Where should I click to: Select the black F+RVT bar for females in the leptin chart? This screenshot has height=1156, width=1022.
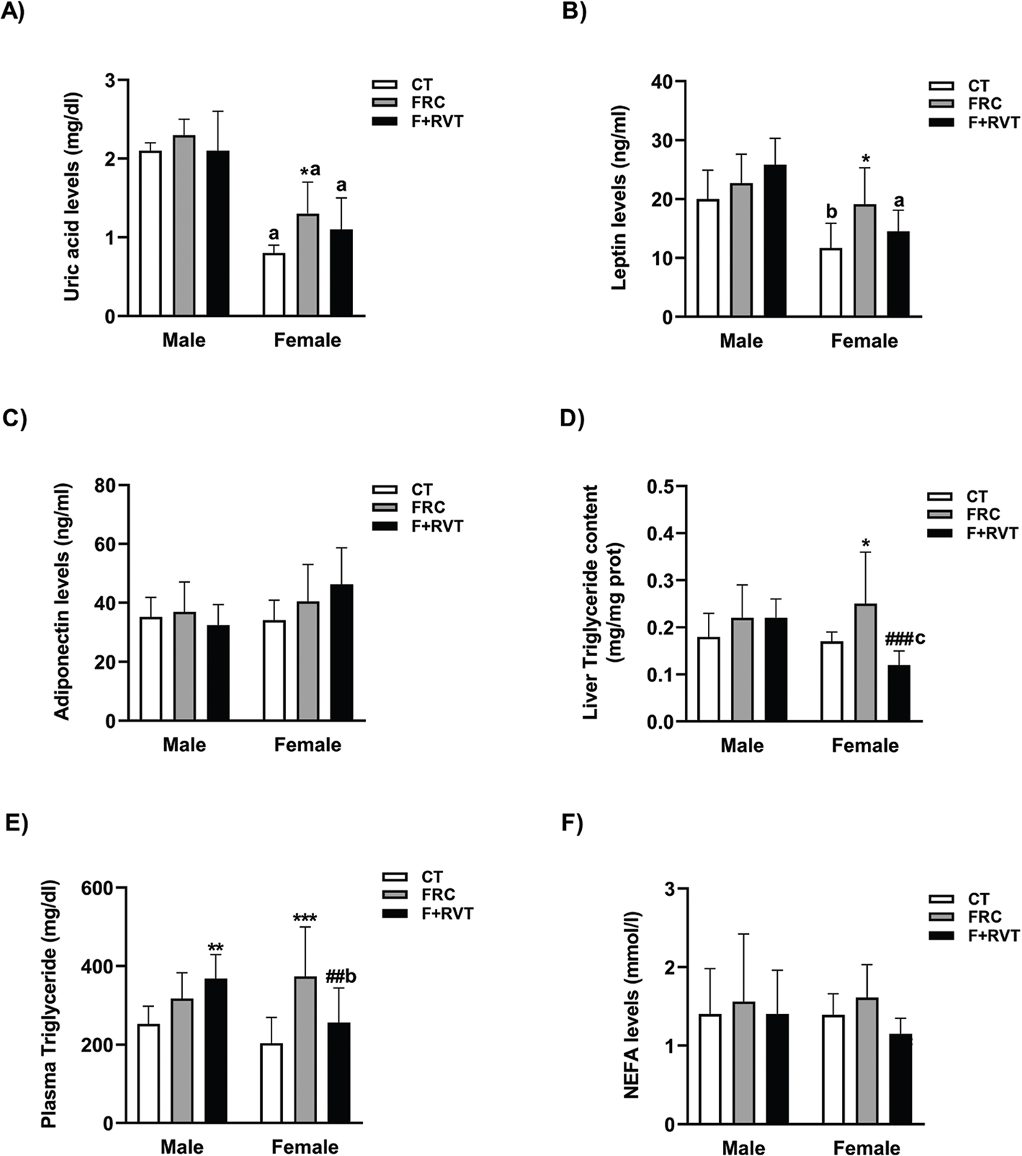pos(898,274)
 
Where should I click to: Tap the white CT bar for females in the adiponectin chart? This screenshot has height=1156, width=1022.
pos(274,671)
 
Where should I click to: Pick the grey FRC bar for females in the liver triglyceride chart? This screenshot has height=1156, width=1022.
pos(865,663)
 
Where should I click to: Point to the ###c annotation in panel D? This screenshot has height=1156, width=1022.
pos(905,638)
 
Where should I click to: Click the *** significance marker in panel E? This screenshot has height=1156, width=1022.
pos(305,918)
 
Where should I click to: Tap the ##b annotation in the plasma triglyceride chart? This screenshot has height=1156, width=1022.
pos(341,977)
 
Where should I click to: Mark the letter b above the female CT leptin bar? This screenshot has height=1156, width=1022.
pos(831,212)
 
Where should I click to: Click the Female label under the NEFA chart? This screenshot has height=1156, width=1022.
pos(867,1147)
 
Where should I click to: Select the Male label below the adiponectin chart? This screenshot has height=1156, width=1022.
pos(184,744)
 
